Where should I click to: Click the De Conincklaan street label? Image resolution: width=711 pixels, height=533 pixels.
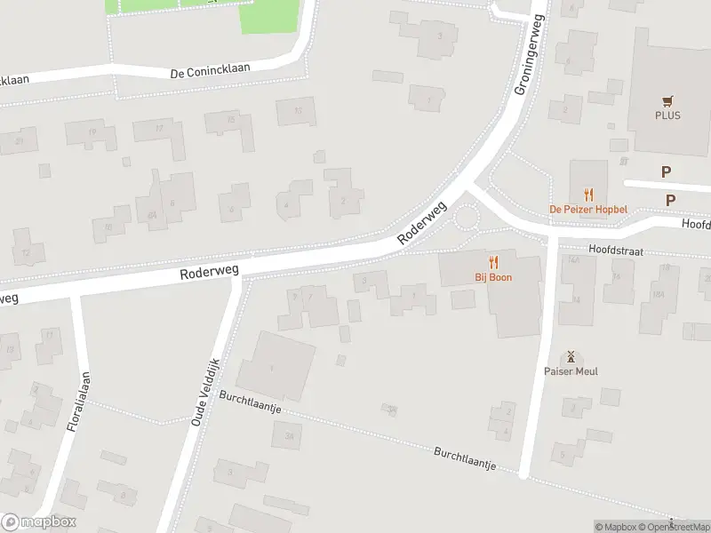click(211, 69)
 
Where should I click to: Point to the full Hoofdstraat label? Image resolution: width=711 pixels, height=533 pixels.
click(613, 251)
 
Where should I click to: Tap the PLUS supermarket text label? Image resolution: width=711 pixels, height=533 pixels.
click(667, 115)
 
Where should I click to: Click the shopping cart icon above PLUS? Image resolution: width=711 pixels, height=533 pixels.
click(667, 101)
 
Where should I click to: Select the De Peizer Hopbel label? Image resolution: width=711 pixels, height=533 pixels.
click(587, 209)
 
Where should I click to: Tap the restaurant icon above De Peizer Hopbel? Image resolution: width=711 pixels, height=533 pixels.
click(587, 194)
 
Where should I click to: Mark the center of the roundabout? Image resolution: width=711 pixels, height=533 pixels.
click(466, 217)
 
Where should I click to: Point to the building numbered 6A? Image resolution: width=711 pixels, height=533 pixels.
click(153, 214)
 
